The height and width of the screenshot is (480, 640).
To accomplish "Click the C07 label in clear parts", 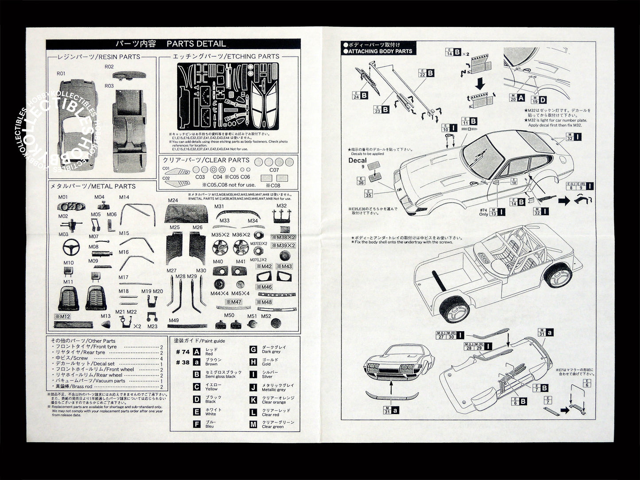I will click(274, 170).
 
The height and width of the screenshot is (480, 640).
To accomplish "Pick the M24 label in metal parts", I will click(173, 200).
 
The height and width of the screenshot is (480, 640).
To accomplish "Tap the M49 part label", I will click(174, 320).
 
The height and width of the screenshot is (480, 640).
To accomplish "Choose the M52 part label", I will click(266, 316).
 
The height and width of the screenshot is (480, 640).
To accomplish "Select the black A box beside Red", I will click(197, 352).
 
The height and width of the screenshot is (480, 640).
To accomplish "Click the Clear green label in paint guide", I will click(272, 426).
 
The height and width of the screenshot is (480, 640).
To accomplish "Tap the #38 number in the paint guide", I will click(182, 362).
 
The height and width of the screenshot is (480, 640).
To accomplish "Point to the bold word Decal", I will click(357, 160).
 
